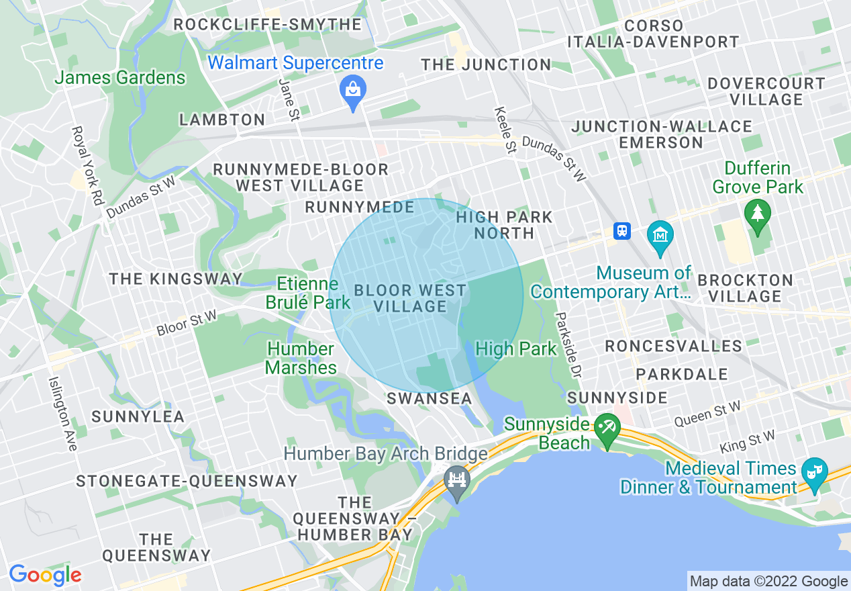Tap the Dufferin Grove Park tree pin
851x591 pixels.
(x=758, y=214)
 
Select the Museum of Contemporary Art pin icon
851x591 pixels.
(x=661, y=236)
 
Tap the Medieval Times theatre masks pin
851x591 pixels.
(x=814, y=471)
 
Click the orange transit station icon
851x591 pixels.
(x=622, y=231)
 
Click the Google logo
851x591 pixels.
(x=45, y=575)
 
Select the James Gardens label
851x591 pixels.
(x=119, y=78)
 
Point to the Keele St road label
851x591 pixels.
(x=505, y=130)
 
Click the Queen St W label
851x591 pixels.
(x=707, y=414)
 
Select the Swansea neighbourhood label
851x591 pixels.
(x=430, y=398)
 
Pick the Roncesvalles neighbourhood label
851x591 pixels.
(x=673, y=347)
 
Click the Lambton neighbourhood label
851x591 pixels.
(x=221, y=120)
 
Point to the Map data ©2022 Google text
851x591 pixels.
(x=769, y=582)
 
